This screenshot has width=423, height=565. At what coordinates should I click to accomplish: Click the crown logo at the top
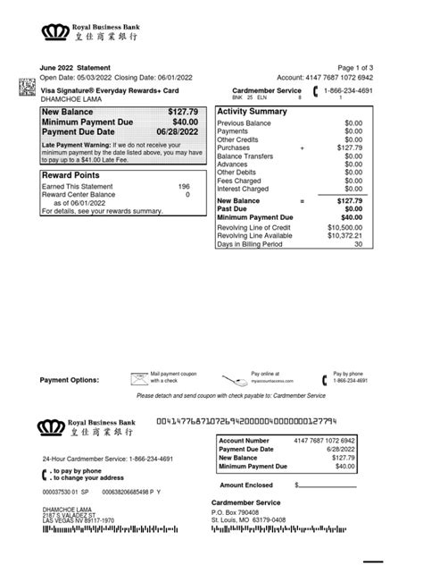click(56, 33)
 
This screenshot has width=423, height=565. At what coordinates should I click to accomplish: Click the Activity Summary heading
click(252, 112)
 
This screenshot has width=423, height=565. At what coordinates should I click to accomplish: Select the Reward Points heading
click(70, 175)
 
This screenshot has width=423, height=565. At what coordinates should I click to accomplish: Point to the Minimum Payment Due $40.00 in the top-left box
click(185, 122)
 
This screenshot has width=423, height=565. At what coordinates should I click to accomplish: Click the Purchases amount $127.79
click(350, 148)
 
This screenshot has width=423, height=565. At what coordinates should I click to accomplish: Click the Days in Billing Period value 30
click(358, 244)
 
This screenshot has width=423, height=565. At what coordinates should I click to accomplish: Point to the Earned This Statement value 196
click(184, 186)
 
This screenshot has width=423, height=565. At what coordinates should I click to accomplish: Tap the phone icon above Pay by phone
click(323, 377)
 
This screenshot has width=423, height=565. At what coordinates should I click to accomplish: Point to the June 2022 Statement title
click(76, 69)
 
